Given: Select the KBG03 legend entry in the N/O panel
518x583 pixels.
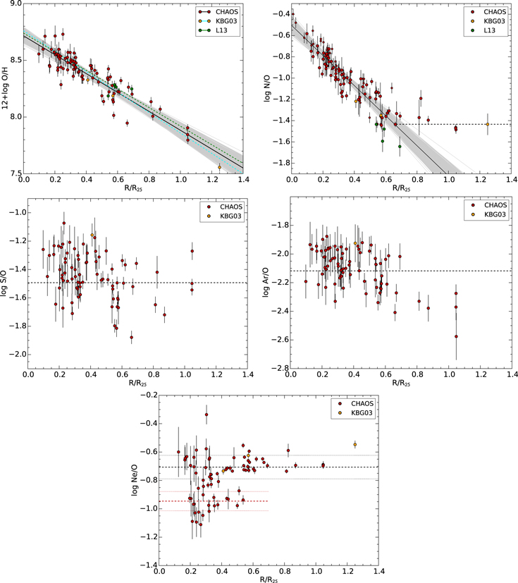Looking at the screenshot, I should pyautogui.click(x=486, y=22).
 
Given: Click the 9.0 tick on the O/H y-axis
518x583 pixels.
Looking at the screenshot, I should pyautogui.click(x=13, y=4).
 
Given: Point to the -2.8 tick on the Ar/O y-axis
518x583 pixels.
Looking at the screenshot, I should pyautogui.click(x=280, y=369).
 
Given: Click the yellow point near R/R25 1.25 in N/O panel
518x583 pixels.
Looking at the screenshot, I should pyautogui.click(x=487, y=125).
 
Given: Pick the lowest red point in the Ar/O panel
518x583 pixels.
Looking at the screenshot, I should pyautogui.click(x=456, y=336).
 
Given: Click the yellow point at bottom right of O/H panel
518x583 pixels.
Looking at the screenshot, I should pyautogui.click(x=220, y=167).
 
